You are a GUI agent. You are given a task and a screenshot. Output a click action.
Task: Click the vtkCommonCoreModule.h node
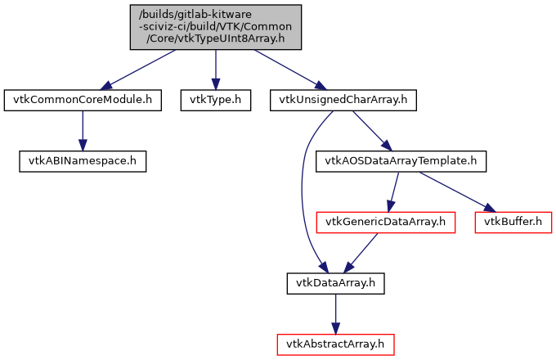click(x=82, y=100)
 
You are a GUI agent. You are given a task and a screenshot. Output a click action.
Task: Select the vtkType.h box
click(x=215, y=100)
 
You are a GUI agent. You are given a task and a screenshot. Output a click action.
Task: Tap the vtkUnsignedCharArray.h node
click(x=343, y=100)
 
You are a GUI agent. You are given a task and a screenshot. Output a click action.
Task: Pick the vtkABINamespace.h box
click(x=82, y=160)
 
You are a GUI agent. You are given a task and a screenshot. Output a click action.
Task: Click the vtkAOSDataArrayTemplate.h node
click(x=401, y=160)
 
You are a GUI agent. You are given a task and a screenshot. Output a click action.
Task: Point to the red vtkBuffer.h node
click(x=513, y=222)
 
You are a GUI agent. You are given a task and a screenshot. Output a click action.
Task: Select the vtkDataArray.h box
click(x=335, y=283)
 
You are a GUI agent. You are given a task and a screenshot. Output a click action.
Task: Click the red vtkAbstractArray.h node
click(x=335, y=344)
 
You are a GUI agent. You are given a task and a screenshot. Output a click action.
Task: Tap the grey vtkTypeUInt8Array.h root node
click(x=215, y=27)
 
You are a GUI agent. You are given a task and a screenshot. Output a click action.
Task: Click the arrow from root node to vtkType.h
click(x=215, y=70)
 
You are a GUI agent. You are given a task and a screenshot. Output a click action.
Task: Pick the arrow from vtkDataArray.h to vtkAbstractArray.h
click(x=335, y=313)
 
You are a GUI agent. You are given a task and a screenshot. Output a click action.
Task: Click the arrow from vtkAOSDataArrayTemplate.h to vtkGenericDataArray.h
click(x=393, y=191)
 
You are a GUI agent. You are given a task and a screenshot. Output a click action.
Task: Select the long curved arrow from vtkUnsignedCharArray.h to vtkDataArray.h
click(x=303, y=188)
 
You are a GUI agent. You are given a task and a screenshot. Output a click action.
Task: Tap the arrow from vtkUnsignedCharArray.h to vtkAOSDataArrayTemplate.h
click(x=371, y=130)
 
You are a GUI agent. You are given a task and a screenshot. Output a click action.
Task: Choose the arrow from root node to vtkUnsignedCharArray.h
click(x=286, y=70)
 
